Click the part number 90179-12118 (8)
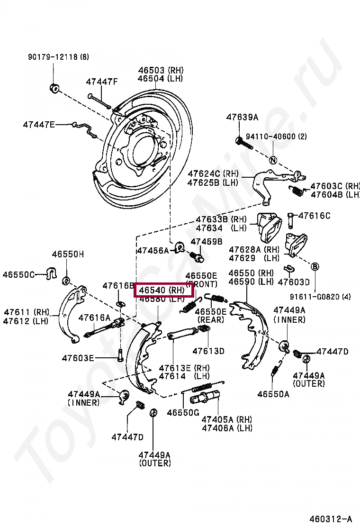57,57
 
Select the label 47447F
101,82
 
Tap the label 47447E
39,125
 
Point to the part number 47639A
242,117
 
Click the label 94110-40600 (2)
279,136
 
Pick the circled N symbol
273,160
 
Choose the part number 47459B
207,241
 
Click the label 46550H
68,254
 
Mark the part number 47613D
208,351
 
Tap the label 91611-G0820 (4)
321,297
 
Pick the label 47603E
78,358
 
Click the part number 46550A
273,393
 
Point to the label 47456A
153,250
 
